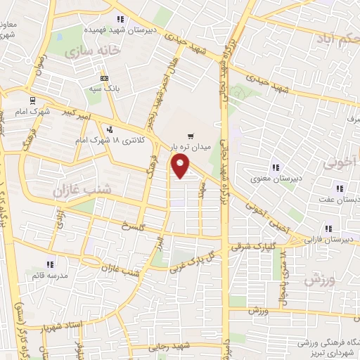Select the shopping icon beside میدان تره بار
190,136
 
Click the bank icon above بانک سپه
104,78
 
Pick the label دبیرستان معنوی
276,178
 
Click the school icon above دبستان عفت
340,188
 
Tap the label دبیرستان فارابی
335,240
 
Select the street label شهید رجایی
170,347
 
